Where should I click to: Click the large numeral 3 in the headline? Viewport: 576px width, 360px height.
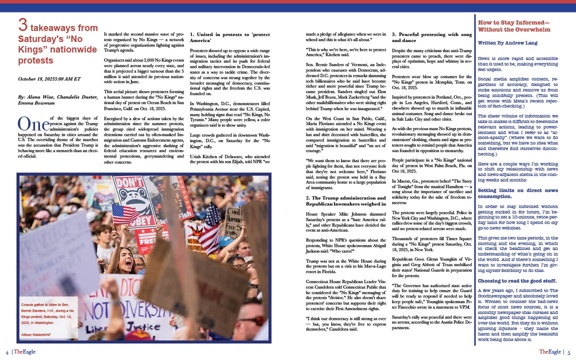click(22, 25)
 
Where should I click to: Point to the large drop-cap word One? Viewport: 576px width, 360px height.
click(33, 123)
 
